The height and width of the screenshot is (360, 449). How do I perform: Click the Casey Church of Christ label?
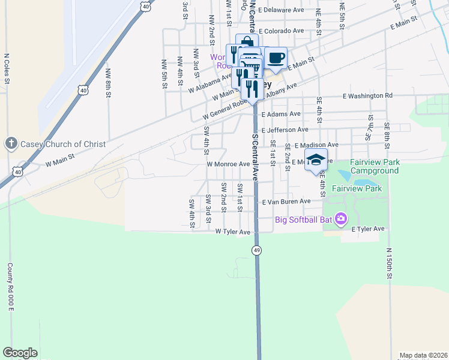pyautogui.click(x=63, y=144)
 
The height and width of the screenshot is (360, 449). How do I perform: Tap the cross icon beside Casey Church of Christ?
pyautogui.click(x=10, y=143)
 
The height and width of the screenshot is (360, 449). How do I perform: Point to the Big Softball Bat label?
pyautogui.click(x=304, y=219)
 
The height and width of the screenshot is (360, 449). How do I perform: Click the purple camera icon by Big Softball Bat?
pyautogui.click(x=342, y=218)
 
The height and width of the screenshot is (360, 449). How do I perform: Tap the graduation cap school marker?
pyautogui.click(x=316, y=160)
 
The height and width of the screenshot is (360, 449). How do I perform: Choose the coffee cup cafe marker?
pyautogui.click(x=276, y=59)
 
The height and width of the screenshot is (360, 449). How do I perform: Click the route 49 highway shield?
pyautogui.click(x=256, y=250)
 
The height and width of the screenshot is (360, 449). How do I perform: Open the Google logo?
pyautogui.click(x=20, y=353)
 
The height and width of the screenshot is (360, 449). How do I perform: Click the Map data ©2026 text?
pyautogui.click(x=423, y=355)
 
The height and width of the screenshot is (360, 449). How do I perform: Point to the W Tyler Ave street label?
pyautogui.click(x=232, y=232)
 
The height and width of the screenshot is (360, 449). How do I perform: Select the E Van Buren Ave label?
pyautogui.click(x=286, y=202)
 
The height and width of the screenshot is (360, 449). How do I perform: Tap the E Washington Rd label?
pyautogui.click(x=367, y=95)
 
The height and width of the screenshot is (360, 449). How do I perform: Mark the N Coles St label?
pyautogui.click(x=7, y=70)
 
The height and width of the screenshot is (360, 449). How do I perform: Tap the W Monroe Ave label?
pyautogui.click(x=228, y=164)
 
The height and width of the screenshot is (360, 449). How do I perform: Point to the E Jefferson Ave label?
pyautogui.click(x=285, y=129)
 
